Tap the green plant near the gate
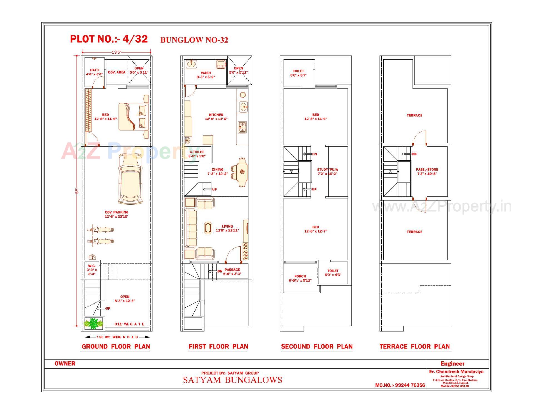[94, 323]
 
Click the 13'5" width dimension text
[117, 52]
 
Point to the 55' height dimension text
[77, 191]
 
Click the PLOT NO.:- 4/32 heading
[109, 39]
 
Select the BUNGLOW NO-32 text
[194, 40]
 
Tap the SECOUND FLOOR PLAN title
[317, 347]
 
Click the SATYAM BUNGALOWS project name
[233, 380]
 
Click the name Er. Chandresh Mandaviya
[456, 372]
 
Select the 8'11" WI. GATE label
[129, 324]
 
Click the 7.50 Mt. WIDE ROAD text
[117, 337]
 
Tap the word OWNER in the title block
[65, 364]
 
